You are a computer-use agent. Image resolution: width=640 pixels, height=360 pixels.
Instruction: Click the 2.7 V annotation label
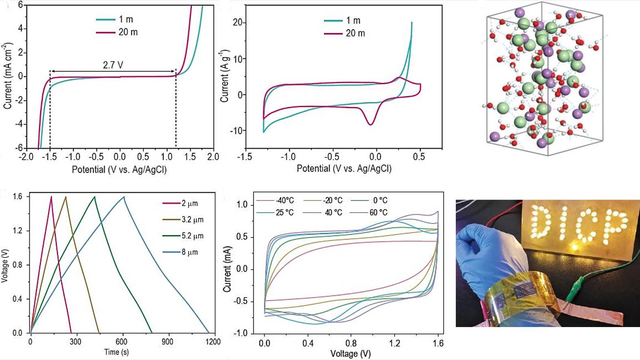tap(113, 65)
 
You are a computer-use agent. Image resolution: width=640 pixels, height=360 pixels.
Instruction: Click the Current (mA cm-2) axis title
tap(7, 76)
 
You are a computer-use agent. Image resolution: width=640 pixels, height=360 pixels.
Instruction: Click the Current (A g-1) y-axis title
tap(224, 76)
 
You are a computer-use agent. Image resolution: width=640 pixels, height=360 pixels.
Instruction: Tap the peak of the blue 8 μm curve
tap(124, 197)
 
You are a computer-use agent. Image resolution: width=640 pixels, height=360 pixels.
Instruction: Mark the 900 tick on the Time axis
tap(167, 342)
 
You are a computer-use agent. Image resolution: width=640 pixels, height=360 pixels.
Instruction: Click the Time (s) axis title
tap(116, 352)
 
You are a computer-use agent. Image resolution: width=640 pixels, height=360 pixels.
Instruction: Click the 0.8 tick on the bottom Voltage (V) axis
tap(351, 343)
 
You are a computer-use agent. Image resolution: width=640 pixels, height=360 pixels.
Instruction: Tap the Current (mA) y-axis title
tap(227, 268)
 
